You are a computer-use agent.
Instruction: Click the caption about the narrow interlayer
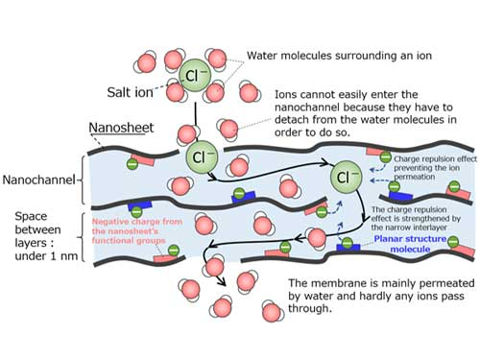tap(416, 211)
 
